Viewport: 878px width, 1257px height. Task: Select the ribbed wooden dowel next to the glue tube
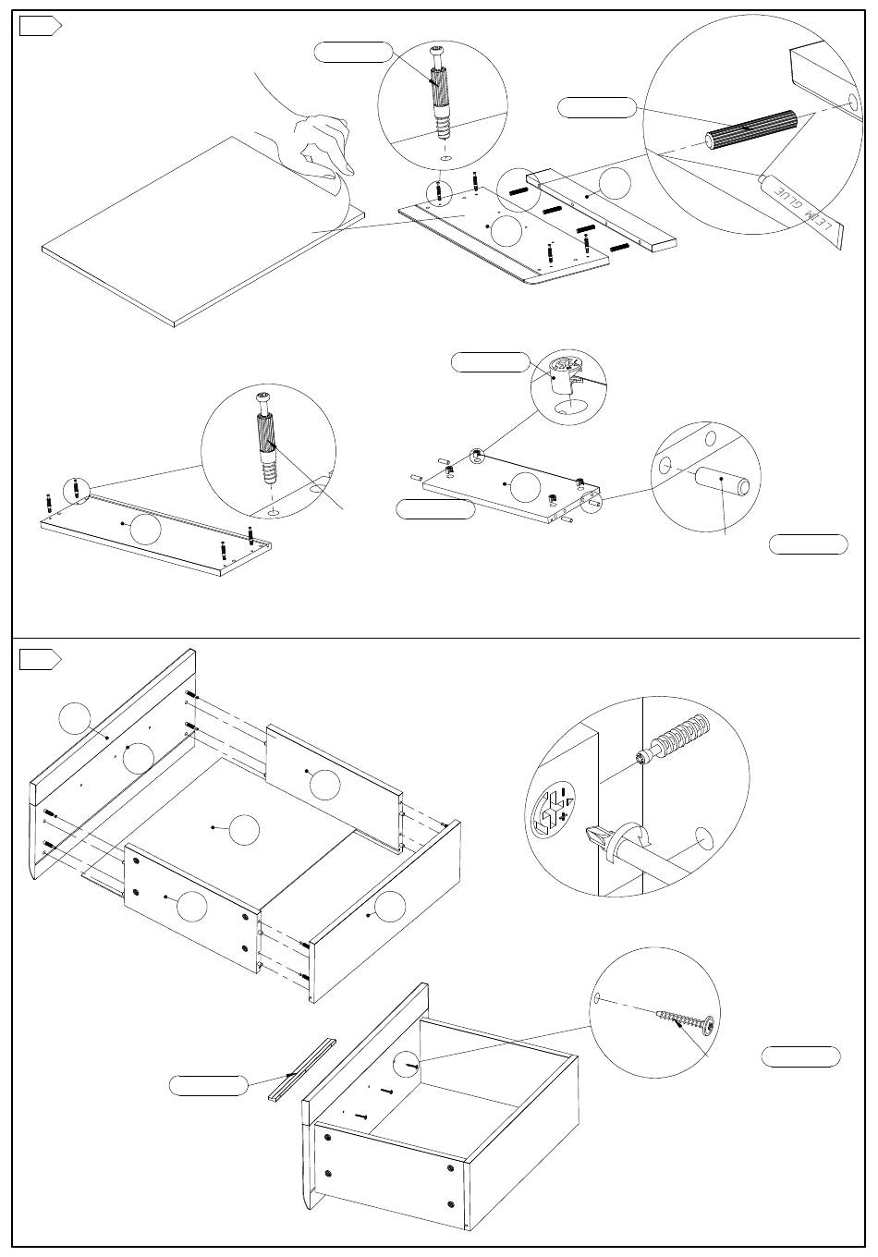pos(750,129)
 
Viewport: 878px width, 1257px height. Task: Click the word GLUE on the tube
pos(786,198)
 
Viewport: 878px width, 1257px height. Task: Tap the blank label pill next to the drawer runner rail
pos(209,1085)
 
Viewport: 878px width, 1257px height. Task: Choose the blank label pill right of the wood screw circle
pos(800,1056)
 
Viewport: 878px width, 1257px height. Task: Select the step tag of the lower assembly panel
pos(40,659)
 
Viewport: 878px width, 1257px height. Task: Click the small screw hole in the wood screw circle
pos(598,998)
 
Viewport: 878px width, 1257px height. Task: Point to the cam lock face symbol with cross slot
pos(555,809)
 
